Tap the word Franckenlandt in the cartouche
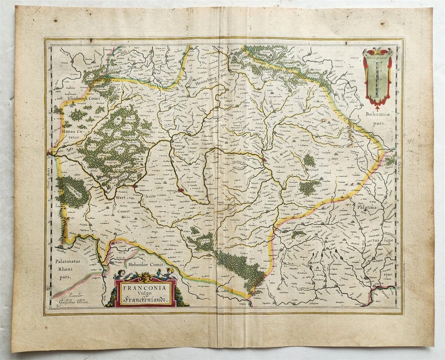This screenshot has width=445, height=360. click(146, 300)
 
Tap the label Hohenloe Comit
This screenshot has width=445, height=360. click(146, 265)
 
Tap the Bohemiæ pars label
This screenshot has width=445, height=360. click(377, 116)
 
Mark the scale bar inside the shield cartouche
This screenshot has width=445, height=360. click(377, 80)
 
